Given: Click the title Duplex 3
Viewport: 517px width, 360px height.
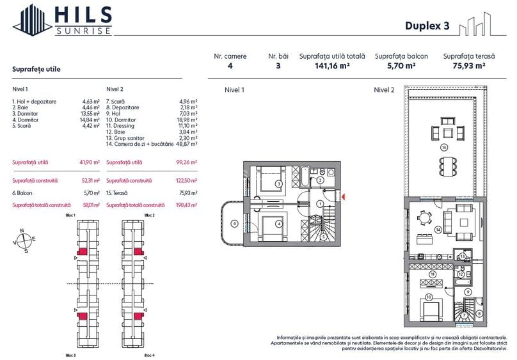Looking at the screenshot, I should [x=427, y=26].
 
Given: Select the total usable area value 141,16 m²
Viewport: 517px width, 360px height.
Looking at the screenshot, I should [x=332, y=65].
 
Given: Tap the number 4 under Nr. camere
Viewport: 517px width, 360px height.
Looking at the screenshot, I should [x=230, y=65].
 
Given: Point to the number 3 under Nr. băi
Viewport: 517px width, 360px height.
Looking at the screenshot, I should [x=278, y=65].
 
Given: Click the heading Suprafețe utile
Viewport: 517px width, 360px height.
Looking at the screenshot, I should [x=36, y=69].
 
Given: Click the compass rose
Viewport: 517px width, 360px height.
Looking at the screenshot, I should [x=24, y=240].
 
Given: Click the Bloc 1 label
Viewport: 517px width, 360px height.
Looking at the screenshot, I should [x=70, y=216].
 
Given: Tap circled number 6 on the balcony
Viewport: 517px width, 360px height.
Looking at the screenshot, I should [x=234, y=223].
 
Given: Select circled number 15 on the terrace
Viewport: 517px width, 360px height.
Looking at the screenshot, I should [x=445, y=148].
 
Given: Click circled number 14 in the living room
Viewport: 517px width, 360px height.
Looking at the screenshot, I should [x=438, y=229].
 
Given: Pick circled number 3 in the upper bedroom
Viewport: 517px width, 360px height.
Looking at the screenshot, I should [x=279, y=184].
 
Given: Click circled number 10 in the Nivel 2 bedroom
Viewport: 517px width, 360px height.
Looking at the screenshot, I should [x=428, y=297].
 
